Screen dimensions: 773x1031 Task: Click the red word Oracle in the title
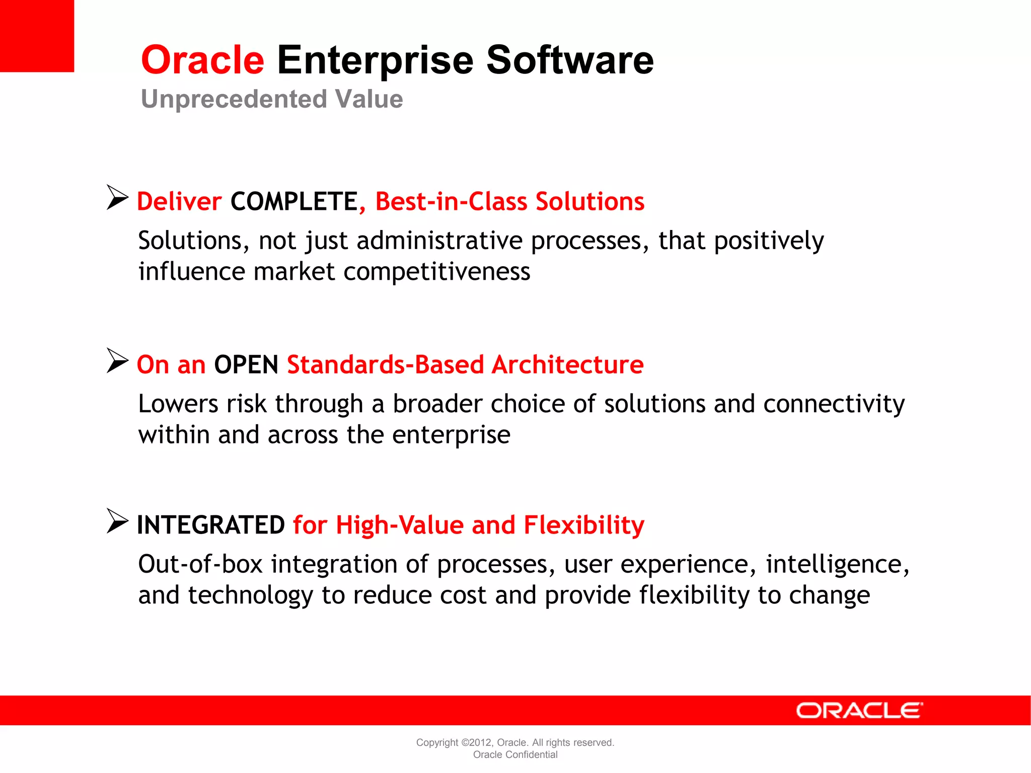202,60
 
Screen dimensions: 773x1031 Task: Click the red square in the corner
37,36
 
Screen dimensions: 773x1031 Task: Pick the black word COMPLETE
294,202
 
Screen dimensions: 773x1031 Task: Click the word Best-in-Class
451,202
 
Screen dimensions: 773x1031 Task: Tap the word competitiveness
436,272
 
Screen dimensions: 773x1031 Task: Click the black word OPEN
246,365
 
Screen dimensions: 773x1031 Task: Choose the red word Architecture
567,365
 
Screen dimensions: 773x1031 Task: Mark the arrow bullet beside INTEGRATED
117,521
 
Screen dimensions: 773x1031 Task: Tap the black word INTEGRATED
211,525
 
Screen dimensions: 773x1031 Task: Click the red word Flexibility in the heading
584,525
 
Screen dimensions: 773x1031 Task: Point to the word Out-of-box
200,564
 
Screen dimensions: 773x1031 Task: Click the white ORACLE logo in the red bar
859,711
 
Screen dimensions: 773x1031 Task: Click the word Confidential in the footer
532,754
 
